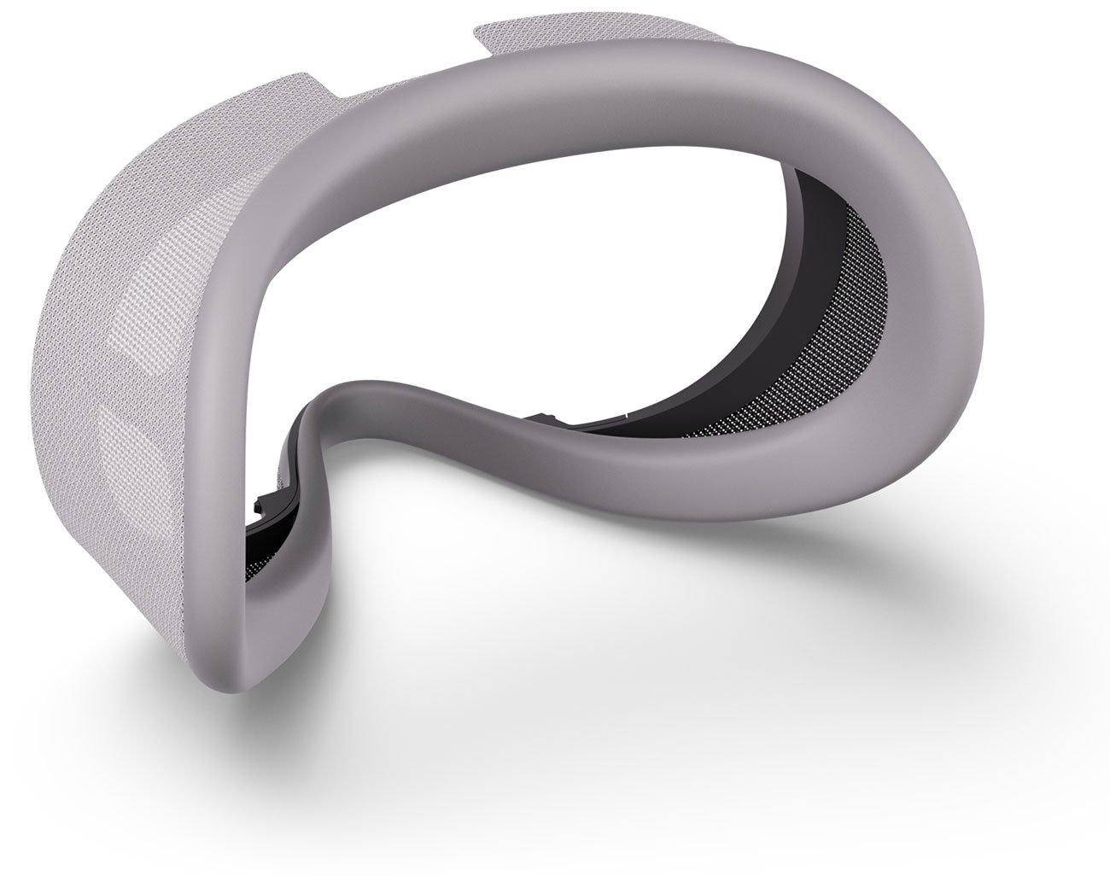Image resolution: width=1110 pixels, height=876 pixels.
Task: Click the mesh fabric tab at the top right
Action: point(512,38)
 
